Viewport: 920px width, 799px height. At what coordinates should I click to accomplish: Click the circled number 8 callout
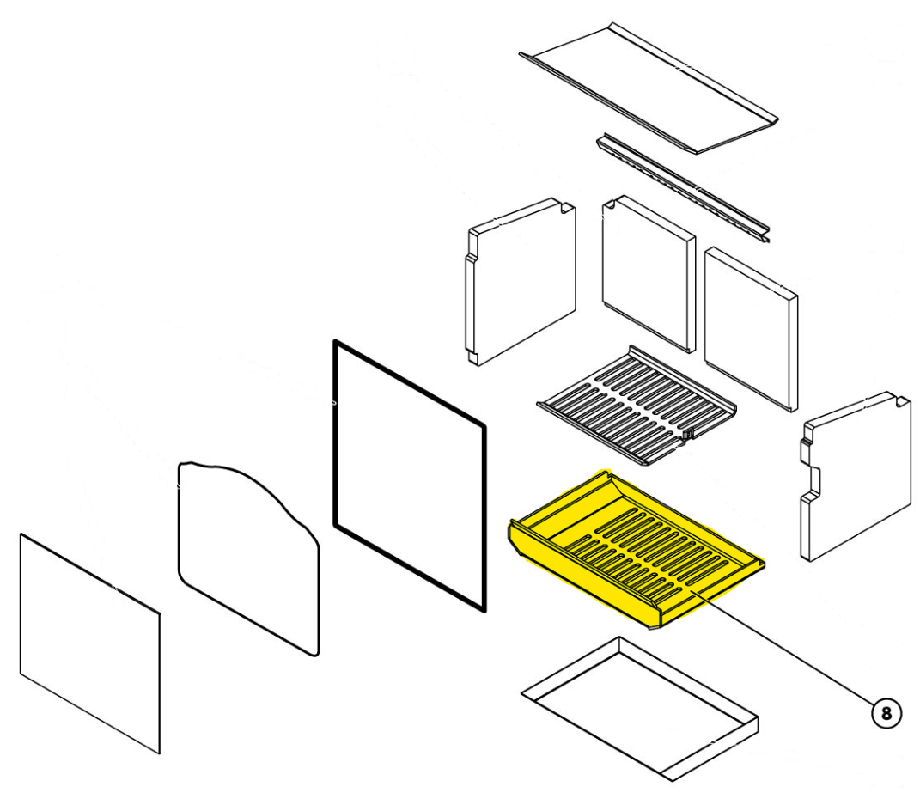point(886,713)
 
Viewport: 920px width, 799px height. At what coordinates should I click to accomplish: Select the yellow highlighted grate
point(636,549)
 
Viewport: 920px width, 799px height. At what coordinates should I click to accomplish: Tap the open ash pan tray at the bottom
point(640,709)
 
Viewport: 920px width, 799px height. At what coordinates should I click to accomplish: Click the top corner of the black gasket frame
point(334,341)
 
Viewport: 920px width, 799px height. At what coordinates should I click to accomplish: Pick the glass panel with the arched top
point(249,558)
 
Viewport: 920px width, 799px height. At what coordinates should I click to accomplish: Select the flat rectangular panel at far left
point(90,643)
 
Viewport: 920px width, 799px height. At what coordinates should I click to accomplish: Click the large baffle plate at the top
point(649,88)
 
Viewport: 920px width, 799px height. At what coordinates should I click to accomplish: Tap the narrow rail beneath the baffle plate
point(684,188)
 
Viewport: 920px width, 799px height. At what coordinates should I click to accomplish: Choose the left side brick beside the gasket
point(521,282)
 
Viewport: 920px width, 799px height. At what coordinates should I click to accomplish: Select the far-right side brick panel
point(856,476)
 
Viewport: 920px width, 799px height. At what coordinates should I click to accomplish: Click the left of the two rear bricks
point(649,273)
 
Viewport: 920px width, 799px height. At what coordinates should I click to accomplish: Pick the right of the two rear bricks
point(751,328)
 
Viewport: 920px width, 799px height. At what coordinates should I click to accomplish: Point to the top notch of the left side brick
point(566,207)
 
